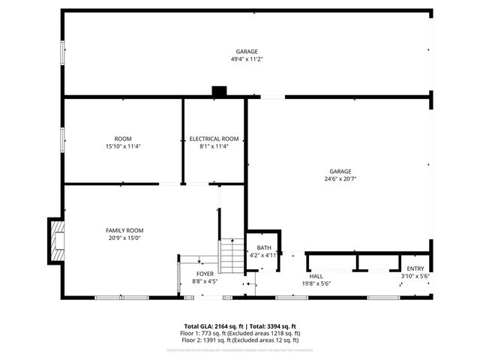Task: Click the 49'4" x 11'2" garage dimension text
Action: (247, 58)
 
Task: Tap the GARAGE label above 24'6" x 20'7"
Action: (337, 171)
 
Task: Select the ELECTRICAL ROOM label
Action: (214, 139)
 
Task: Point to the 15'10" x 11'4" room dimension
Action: (123, 146)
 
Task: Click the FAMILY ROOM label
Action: (124, 230)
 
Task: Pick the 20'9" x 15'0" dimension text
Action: (124, 238)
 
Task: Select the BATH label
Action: (264, 248)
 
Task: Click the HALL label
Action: (316, 276)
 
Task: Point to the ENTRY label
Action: (415, 268)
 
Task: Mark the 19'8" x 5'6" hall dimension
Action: (316, 283)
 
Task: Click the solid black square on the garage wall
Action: (219, 91)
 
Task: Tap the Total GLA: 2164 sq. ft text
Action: (213, 327)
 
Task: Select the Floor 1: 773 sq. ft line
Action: (243, 333)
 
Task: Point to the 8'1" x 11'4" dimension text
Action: (214, 146)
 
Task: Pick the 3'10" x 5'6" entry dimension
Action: (415, 276)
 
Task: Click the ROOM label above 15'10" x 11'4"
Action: (123, 139)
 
